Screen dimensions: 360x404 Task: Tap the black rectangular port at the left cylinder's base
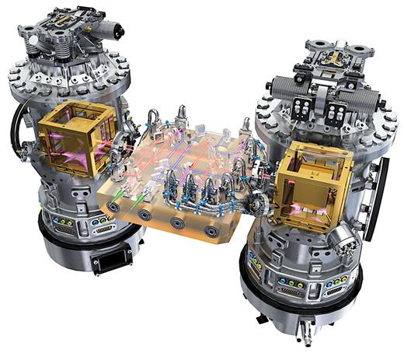pos(106,260)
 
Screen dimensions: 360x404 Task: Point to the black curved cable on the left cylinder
pos(17,128)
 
